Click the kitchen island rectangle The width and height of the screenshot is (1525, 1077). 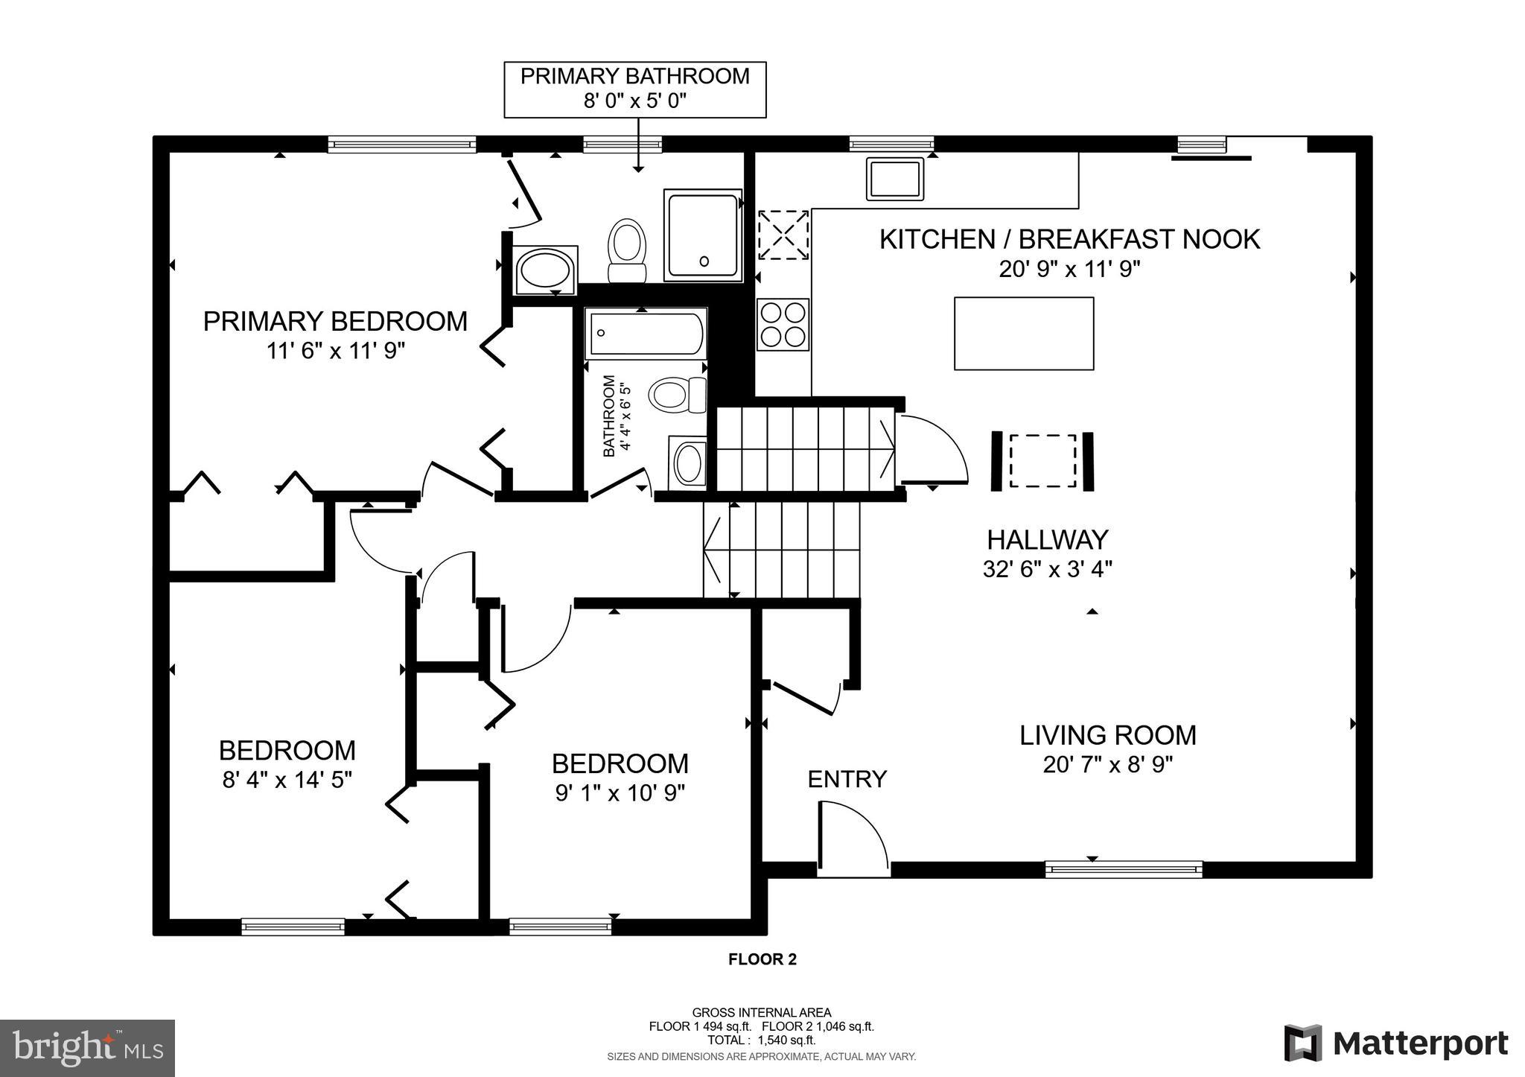pos(1024,333)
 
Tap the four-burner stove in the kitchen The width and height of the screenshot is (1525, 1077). pos(783,324)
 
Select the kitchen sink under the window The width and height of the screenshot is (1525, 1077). pos(894,179)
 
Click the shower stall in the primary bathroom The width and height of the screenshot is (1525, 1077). pos(703,235)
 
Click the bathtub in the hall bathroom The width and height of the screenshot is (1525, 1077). pos(646,334)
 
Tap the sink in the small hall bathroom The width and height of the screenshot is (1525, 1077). pos(689,463)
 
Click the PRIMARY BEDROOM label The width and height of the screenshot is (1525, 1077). pos(335,322)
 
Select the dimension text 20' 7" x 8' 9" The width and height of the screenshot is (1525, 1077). pos(1107,765)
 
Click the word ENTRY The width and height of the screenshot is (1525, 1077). pos(847,779)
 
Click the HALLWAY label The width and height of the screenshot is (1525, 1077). pos(1047,539)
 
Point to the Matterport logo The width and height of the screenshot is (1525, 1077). pos(1395,1043)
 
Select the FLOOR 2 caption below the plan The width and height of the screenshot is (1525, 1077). pos(762,959)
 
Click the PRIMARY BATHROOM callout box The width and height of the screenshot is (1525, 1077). pos(634,89)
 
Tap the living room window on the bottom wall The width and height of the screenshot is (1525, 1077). pos(1123,868)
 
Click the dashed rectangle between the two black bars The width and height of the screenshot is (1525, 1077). pos(1042,461)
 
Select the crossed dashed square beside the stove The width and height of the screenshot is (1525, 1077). pos(783,235)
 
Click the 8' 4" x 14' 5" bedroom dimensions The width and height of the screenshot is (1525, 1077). pos(287,780)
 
